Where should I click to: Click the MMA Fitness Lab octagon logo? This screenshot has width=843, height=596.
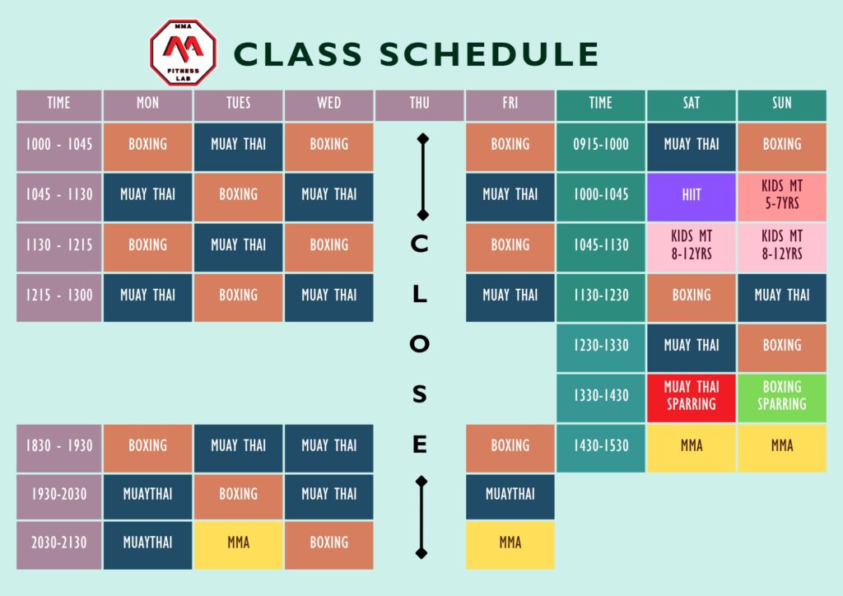(x=182, y=53)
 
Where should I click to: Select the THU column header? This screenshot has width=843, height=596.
(x=419, y=103)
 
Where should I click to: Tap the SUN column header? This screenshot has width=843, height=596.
(x=781, y=103)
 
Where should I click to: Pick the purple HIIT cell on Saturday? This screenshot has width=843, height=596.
(x=692, y=195)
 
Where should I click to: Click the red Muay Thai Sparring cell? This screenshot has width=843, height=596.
(x=692, y=395)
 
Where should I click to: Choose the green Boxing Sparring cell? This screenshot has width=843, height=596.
(x=781, y=395)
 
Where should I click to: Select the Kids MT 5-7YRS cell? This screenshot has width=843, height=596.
(x=781, y=195)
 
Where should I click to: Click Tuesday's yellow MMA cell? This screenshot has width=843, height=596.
(x=238, y=543)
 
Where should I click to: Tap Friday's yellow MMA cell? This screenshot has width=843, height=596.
(x=510, y=543)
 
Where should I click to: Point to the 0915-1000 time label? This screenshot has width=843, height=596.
(x=601, y=144)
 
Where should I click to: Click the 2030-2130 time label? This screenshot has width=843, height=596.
(x=58, y=543)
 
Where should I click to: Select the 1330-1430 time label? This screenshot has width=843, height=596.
(x=601, y=395)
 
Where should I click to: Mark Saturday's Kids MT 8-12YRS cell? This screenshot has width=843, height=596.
(x=692, y=245)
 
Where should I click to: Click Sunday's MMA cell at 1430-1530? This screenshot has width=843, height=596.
(x=781, y=445)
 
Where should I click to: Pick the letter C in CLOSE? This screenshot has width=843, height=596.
(x=419, y=244)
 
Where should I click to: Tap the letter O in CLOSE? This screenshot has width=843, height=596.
(x=419, y=345)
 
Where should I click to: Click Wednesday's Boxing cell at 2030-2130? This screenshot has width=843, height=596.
(x=328, y=543)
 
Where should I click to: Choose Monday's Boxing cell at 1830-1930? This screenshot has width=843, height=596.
(x=147, y=445)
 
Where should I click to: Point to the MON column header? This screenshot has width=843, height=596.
(x=147, y=103)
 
